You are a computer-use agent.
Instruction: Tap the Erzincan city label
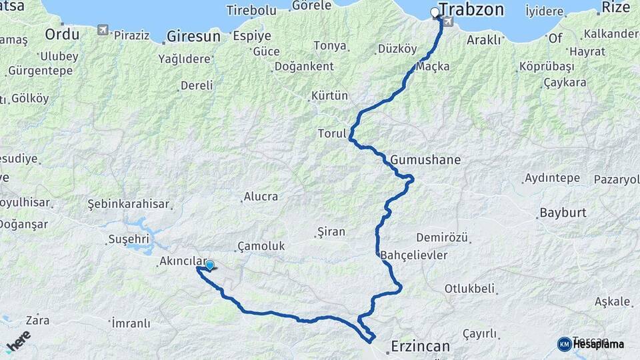click(x=420, y=347)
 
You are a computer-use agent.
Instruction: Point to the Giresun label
click(x=193, y=36)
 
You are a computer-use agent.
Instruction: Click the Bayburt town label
click(x=561, y=213)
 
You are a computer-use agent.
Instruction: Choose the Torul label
click(x=332, y=133)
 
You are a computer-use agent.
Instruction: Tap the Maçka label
click(x=433, y=67)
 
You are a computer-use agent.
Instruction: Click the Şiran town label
click(x=331, y=232)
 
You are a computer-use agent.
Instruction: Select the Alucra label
click(x=261, y=197)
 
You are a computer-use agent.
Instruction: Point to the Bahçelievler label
click(x=414, y=255)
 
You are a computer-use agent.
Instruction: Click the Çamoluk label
click(x=261, y=246)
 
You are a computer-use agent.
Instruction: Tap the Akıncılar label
click(x=181, y=262)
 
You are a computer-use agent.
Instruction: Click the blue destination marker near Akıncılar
click(x=210, y=265)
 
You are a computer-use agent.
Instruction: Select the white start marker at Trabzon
click(x=435, y=12)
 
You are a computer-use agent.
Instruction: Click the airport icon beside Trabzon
click(x=447, y=22)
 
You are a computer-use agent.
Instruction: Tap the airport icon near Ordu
click(x=102, y=30)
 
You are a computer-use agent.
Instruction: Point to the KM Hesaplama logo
click(x=590, y=344)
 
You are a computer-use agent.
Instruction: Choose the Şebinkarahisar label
click(x=129, y=204)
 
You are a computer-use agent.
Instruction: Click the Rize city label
click(x=615, y=7)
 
